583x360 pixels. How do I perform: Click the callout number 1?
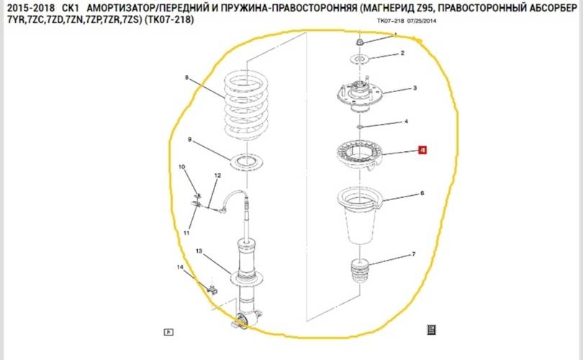pyautogui.click(x=395, y=35)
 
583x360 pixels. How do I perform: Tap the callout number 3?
pyautogui.click(x=415, y=89)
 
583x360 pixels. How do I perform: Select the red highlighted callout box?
pyautogui.click(x=422, y=150)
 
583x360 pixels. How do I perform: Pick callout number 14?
pyautogui.click(x=181, y=268)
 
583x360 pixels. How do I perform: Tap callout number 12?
pyautogui.click(x=217, y=175)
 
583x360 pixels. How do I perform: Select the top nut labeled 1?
pyautogui.click(x=359, y=42)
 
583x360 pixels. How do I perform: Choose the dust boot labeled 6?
pyautogui.click(x=358, y=216)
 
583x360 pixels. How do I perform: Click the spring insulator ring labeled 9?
pyautogui.click(x=245, y=161)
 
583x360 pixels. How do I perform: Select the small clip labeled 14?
pyautogui.click(x=212, y=289)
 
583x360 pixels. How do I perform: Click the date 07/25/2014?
pyautogui.click(x=423, y=22)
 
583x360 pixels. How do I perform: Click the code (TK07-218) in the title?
pyautogui.click(x=170, y=21)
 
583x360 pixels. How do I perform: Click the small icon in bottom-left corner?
pyautogui.click(x=168, y=332)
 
